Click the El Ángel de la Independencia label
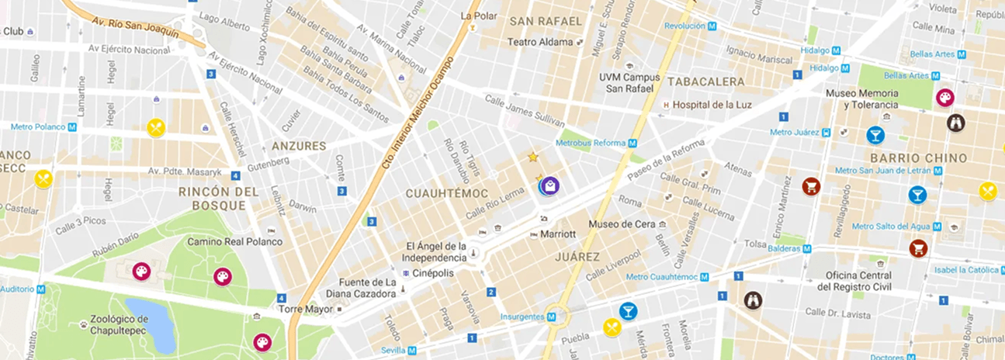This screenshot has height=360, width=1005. pos(435,252)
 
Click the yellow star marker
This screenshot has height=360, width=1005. pos(532,157)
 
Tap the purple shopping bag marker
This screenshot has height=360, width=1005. pos(549,185)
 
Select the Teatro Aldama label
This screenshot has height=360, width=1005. pos(540,42)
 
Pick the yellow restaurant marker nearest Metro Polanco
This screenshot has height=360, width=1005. pos(157,128)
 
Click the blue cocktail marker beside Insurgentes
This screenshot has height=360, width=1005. pos(628,312)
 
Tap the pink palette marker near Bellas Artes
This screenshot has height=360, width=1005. pos(944,97)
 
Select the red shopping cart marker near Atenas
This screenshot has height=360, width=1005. pos(811,186)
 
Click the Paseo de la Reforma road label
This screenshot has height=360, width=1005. pos(666,156)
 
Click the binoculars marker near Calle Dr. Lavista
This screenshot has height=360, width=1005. pos(753,299)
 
